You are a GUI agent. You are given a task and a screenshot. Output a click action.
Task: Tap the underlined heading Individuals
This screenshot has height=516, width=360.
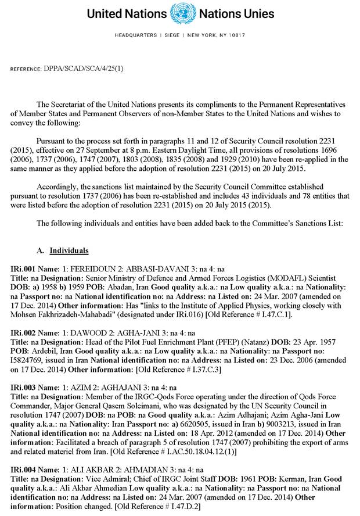(x=69, y=250)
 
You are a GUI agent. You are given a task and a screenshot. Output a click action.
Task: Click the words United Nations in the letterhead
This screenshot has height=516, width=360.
(x=127, y=13)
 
